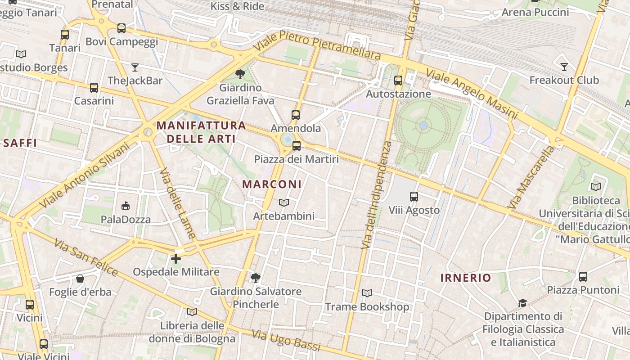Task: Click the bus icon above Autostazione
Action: [x=398, y=81]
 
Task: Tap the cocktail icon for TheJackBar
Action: [x=135, y=67]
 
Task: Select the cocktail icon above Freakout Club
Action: [x=564, y=67]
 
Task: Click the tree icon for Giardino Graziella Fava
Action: [x=240, y=74]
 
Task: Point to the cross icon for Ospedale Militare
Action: [x=176, y=259]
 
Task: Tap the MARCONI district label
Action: [x=272, y=184]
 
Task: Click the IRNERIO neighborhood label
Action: [x=465, y=278]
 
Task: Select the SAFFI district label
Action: [x=20, y=143]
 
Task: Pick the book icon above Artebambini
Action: [x=283, y=203]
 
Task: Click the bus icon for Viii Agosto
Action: [x=414, y=197]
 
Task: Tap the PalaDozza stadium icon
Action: [x=126, y=206]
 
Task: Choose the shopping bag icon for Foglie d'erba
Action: [x=80, y=279]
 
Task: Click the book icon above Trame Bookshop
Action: [x=367, y=293]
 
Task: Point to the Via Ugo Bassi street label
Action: [x=286, y=341]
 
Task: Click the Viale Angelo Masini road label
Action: [x=471, y=94]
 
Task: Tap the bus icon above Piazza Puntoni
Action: [x=583, y=277]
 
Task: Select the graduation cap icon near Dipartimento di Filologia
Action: [x=522, y=303]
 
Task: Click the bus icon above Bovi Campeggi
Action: [x=121, y=28]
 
